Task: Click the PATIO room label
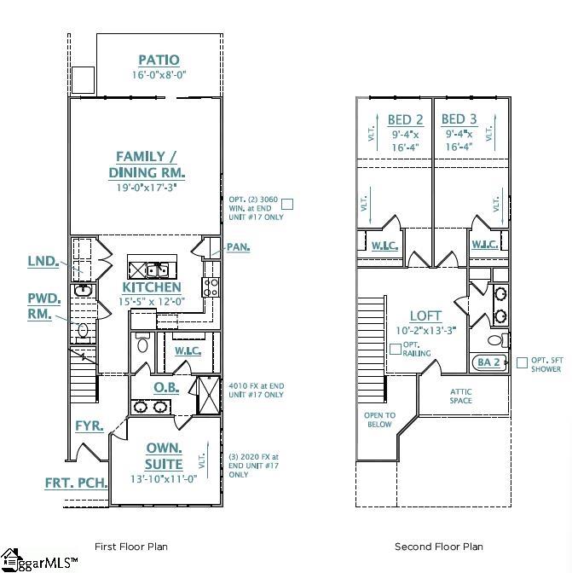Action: pos(159,60)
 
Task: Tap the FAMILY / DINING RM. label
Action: pos(147,164)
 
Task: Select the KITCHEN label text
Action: pos(152,288)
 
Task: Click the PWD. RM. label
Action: pos(44,306)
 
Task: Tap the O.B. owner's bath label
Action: pos(165,387)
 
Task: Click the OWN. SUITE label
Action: pos(163,456)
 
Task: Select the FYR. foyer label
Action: pos(89,425)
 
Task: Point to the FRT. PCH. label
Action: pos(76,483)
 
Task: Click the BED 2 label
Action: pos(405,119)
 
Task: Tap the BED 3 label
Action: pos(459,119)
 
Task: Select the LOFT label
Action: pos(425,316)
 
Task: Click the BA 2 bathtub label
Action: pos(488,362)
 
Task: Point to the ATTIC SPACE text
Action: pos(461,396)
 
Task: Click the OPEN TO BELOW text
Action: pos(379,420)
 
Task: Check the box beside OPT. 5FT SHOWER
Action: pos(522,362)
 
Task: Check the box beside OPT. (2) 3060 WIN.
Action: pos(287,204)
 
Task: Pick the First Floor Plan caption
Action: pos(131,547)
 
